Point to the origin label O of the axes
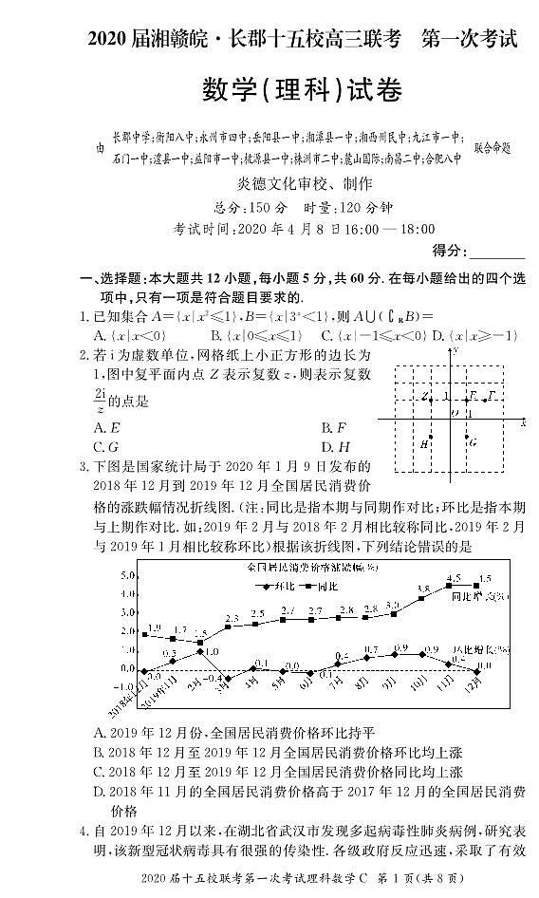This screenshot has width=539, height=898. [455, 412]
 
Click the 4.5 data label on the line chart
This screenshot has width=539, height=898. [453, 577]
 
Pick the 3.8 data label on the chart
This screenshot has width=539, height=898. [423, 589]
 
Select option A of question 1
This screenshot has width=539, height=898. [130, 335]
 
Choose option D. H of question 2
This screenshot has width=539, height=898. [336, 446]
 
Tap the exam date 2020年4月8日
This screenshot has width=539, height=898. [286, 229]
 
